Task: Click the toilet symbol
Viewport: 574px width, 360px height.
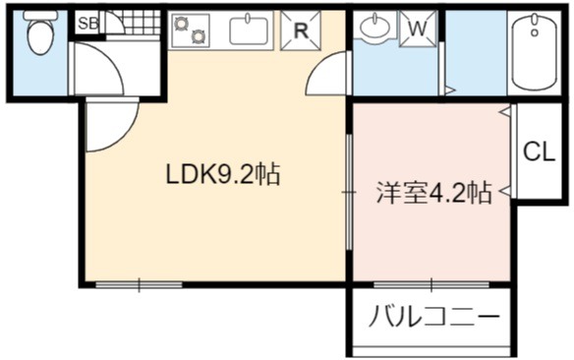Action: coord(40,32)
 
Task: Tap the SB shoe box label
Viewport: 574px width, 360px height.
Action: coord(88,24)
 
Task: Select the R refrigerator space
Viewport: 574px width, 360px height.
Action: coord(301,30)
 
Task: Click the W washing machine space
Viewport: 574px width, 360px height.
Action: coord(418,29)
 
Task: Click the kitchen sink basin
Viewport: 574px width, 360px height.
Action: coord(249,30)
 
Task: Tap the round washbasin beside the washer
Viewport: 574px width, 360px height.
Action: coord(376,26)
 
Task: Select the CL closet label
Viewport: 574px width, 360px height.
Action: coord(539,151)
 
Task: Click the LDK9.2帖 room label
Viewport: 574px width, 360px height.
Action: coord(223,173)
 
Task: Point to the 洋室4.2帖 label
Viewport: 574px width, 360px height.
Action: coord(433,193)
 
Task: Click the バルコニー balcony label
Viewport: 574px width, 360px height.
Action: coord(433,316)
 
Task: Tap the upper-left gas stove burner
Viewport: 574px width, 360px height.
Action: coord(181,24)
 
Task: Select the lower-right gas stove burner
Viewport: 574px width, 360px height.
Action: coord(198,36)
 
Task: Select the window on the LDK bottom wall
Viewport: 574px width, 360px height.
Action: coord(140,284)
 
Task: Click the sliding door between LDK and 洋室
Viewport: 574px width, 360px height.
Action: coord(350,192)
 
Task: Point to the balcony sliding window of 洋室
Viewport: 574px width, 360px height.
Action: coord(431,284)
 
